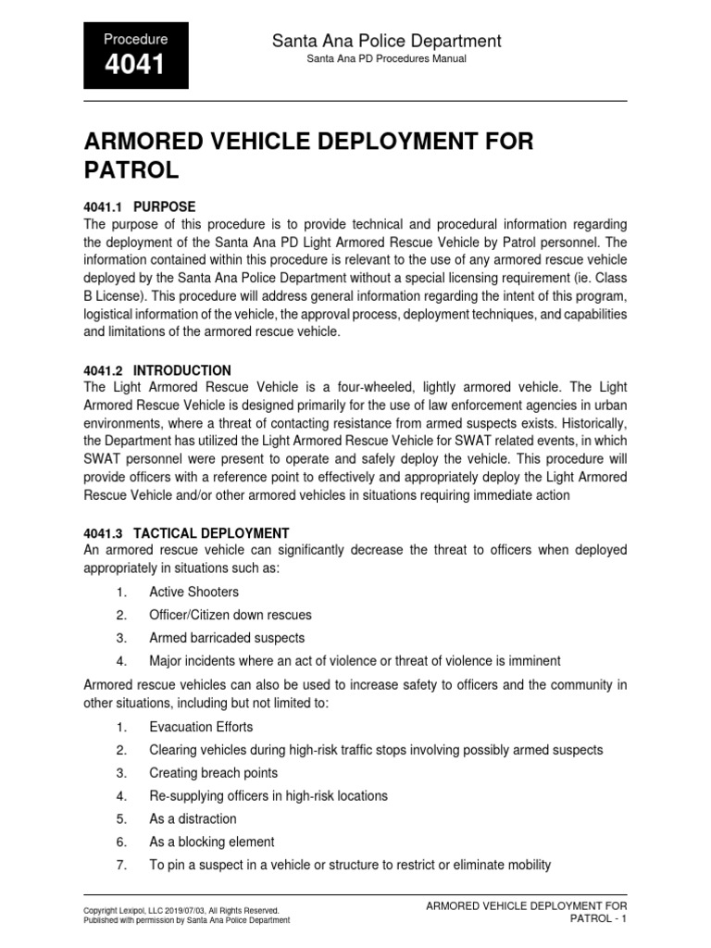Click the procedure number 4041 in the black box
(x=135, y=66)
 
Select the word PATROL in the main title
(x=131, y=170)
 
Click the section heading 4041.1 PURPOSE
(x=140, y=206)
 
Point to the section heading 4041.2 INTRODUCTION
(x=157, y=370)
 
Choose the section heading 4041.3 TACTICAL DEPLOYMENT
(x=186, y=533)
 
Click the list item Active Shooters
(x=193, y=592)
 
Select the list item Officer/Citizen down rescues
(x=231, y=615)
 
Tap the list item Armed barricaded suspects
(x=227, y=638)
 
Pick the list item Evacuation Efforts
(x=201, y=727)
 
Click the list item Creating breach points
(x=213, y=773)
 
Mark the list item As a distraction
(x=193, y=818)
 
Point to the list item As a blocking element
(x=212, y=842)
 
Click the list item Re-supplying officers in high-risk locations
(x=268, y=795)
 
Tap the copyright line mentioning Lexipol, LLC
(x=181, y=911)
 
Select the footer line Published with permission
(x=186, y=920)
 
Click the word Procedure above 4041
(x=135, y=40)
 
